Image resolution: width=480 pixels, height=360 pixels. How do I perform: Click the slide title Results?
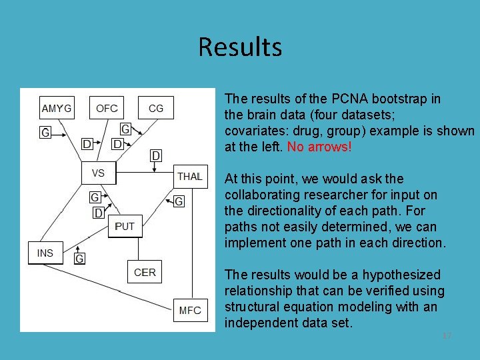(x=240, y=47)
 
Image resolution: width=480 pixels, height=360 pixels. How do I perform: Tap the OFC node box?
(x=107, y=108)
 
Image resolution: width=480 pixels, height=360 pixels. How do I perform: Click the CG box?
(x=156, y=108)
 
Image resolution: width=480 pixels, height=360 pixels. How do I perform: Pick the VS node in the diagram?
(x=99, y=173)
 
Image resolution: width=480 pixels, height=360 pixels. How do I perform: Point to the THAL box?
(x=190, y=176)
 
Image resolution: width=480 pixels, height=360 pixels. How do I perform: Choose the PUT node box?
(x=125, y=227)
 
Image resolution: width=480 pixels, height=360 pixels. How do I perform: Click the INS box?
(x=45, y=253)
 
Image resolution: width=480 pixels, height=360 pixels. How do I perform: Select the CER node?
(x=145, y=272)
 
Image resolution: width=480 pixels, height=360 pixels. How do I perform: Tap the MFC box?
(x=190, y=310)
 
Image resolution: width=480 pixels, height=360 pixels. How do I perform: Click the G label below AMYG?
(x=45, y=133)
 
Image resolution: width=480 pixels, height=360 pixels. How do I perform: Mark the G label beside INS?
(x=79, y=258)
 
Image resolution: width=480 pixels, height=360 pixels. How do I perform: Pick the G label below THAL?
(x=179, y=201)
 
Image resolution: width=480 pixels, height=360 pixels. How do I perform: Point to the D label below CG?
(x=155, y=155)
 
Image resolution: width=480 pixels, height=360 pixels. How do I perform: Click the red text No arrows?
(x=319, y=147)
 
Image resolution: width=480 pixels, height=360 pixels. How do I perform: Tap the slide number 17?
(x=447, y=336)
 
